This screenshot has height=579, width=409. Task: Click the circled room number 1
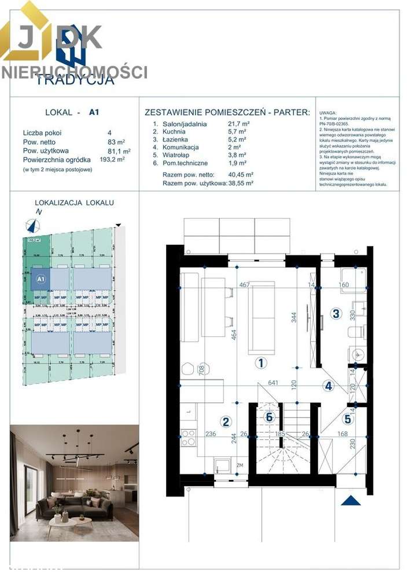(261, 363)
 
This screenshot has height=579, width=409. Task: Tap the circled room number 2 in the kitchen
(227, 422)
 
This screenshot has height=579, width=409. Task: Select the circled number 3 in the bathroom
(335, 314)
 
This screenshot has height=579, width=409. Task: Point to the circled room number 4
(328, 386)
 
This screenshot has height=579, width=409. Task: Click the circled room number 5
(347, 418)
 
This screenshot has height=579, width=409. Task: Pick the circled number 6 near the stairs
(268, 416)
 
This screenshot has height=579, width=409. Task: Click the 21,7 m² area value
(239, 124)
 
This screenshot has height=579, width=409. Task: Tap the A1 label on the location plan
(40, 278)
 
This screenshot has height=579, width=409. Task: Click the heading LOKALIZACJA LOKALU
(75, 203)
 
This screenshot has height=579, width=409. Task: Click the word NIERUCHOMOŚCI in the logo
(74, 72)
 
